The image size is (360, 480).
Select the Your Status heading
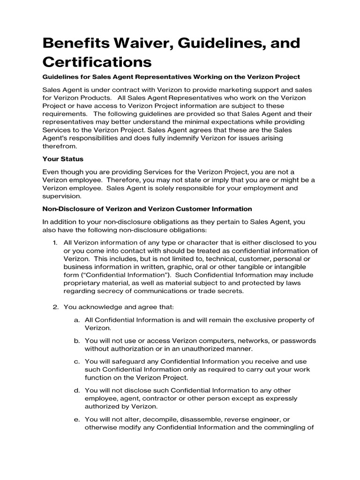pyautogui.click(x=63, y=159)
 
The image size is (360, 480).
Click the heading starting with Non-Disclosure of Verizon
pyautogui.click(x=147, y=209)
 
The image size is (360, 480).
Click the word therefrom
pyautogui.click(x=59, y=146)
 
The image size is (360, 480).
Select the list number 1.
pyautogui.click(x=54, y=242)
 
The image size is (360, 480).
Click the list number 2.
pyautogui.click(x=54, y=307)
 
